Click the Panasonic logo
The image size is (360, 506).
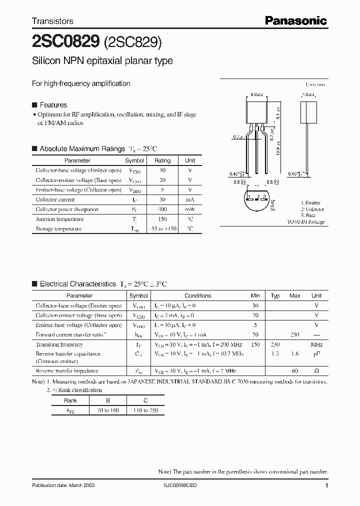click(x=295, y=20)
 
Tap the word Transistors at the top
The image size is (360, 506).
click(x=52, y=21)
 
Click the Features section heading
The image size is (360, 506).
click(x=53, y=105)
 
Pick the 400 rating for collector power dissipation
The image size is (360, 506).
click(x=162, y=209)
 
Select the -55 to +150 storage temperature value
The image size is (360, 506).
click(x=162, y=229)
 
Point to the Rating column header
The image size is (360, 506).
click(x=162, y=161)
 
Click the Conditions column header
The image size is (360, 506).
click(x=197, y=296)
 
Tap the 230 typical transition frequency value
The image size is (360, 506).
click(x=275, y=344)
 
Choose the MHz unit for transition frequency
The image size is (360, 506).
click(x=316, y=344)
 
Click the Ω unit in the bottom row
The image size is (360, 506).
click(x=316, y=371)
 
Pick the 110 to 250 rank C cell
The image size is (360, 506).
click(x=145, y=410)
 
